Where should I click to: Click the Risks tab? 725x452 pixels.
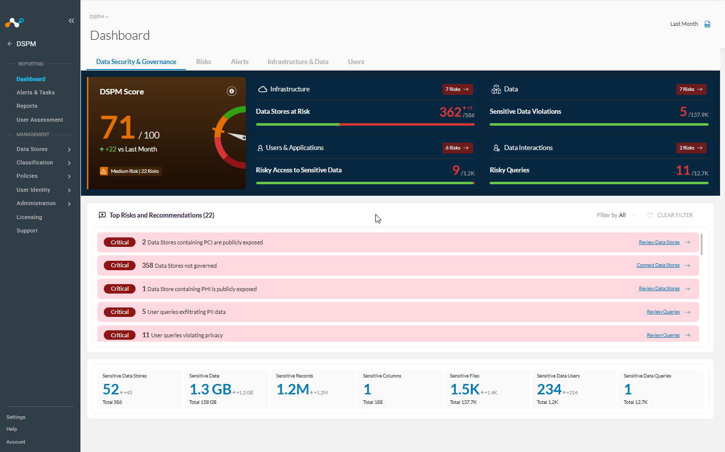203,62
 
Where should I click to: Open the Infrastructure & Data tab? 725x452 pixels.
298,62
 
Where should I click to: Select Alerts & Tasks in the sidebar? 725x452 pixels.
36,92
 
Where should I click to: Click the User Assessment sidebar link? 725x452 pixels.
40,120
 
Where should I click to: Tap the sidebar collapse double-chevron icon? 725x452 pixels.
71,21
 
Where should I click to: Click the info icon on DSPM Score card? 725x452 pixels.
231,91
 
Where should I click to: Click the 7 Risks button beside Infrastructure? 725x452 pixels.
457,89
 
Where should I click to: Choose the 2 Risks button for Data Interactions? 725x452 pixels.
691,148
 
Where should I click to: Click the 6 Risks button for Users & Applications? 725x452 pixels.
457,148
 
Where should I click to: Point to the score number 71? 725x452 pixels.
118,127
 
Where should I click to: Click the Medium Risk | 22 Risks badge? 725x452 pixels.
131,171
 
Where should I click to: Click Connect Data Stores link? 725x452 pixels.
658,265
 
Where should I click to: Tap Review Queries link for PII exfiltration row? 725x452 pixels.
663,311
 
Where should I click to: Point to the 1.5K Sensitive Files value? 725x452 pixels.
465,389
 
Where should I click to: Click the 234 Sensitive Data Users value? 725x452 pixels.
549,389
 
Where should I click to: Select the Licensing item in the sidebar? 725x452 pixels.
29,217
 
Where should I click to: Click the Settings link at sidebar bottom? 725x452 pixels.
16,417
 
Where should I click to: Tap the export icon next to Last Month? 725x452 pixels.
708,24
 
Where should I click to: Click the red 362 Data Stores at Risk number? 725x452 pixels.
450,112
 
